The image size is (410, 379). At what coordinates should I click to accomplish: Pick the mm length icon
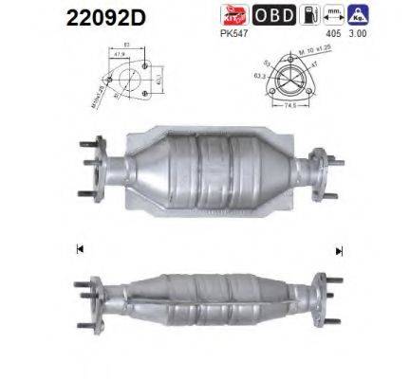point(331,15)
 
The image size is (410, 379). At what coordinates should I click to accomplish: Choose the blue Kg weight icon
point(358,15)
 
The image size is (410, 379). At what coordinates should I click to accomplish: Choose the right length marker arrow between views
point(339,251)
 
